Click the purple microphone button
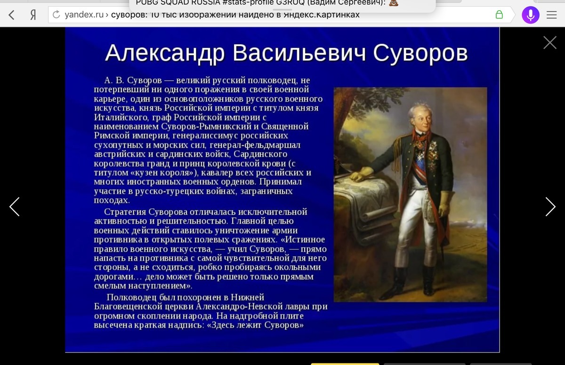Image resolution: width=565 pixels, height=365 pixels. tap(531, 15)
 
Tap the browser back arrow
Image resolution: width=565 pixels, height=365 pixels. tap(11, 15)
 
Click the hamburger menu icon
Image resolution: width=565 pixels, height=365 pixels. tap(552, 15)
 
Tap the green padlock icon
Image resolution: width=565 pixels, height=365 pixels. tap(499, 15)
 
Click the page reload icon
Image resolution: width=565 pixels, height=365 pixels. tap(56, 15)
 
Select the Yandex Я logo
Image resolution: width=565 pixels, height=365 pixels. tap(33, 15)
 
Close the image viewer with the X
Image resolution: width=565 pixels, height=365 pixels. tap(550, 42)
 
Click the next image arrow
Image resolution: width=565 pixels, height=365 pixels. tap(550, 206)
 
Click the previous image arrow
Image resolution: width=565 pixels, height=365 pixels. tap(15, 206)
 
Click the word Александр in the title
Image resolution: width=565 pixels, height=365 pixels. tap(165, 54)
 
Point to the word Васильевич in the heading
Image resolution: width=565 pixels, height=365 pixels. tap(299, 53)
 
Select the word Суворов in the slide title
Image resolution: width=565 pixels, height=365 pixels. tap(420, 54)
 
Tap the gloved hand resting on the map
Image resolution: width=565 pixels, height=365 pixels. tap(361, 175)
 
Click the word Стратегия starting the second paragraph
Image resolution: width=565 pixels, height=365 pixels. tap(125, 212)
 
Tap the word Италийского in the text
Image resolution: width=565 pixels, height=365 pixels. tap(121, 118)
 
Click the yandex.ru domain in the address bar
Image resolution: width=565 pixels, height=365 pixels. tap(84, 15)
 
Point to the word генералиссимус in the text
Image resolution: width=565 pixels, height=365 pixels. tap(205, 135)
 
